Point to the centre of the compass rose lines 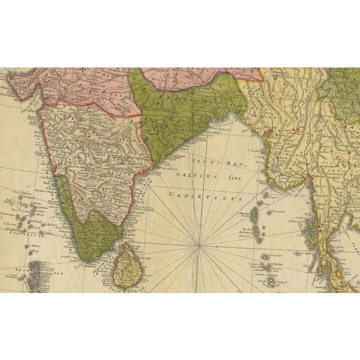coord(200,245)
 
